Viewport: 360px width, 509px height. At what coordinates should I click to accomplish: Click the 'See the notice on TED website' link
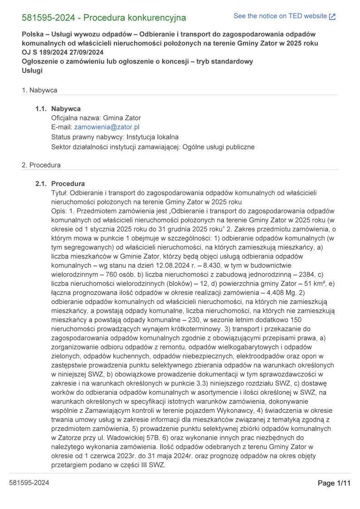tap(280, 16)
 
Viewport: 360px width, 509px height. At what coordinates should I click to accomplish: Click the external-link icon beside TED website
tap(332, 17)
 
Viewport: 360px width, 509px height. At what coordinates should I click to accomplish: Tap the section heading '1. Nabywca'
tap(39, 90)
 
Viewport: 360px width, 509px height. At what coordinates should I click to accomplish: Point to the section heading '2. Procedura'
tap(41, 165)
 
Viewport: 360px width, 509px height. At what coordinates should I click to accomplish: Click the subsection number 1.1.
tap(41, 109)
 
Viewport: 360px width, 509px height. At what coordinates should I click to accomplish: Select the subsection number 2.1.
tap(41, 184)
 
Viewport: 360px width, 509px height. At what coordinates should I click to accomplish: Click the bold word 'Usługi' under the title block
tap(32, 70)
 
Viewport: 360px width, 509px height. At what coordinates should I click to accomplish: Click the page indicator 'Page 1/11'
tap(334, 483)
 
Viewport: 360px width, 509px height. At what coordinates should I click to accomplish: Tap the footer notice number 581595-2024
tap(29, 483)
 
